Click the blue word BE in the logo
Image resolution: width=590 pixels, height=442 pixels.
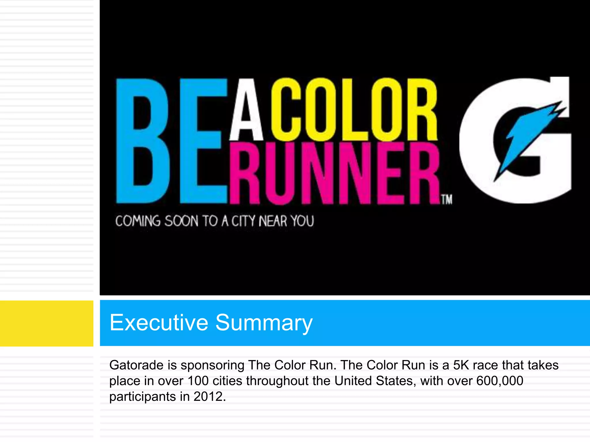[x=171, y=141]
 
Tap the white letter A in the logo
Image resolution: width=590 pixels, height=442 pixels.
[x=247, y=111]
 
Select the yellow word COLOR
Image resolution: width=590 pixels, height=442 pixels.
[x=354, y=110]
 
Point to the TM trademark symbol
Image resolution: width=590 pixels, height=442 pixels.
[x=447, y=200]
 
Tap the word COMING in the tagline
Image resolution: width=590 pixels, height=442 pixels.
[x=138, y=221]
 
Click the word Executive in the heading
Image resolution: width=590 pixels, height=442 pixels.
[x=159, y=323]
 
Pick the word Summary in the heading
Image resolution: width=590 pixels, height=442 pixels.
[x=264, y=323]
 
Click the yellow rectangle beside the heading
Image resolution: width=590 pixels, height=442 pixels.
[x=46, y=323]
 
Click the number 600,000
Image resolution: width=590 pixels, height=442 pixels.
[x=500, y=381]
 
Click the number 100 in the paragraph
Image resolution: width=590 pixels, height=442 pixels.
[x=198, y=381]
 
